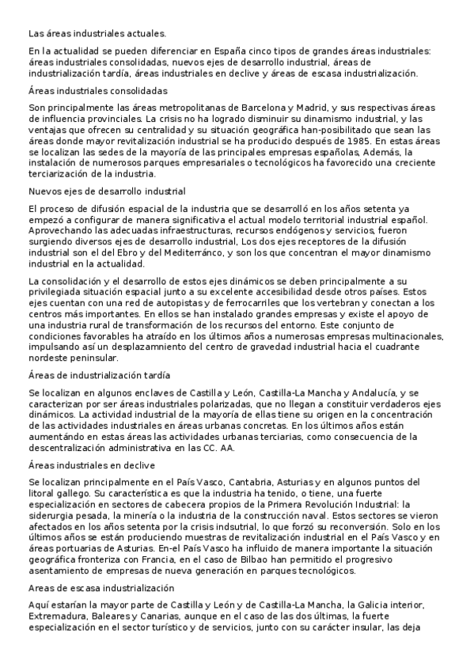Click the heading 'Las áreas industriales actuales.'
tap(97, 33)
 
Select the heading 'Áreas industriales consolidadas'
tap(97, 91)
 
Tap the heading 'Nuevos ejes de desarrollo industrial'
tap(107, 191)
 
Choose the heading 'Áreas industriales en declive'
tap(92, 464)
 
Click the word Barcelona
tap(253, 106)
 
